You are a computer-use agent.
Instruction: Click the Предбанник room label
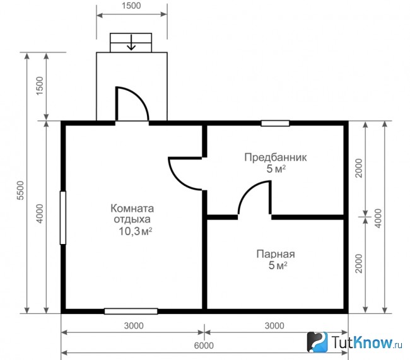pos(276,158)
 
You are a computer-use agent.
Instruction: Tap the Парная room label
pos(276,254)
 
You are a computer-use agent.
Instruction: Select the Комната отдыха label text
pos(132,214)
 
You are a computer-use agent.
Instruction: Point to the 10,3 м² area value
pos(136,231)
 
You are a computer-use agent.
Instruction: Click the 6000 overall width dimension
pos(204,345)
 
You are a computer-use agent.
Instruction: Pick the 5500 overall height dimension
pos(20,190)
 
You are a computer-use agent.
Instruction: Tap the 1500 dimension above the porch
pos(131,6)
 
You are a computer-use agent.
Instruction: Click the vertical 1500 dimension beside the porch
pos(40,86)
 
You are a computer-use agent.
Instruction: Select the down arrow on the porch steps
pos(131,42)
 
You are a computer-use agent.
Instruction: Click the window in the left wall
pos(62,218)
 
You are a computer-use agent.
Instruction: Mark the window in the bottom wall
pos(131,311)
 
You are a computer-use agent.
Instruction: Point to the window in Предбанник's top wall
pos(276,123)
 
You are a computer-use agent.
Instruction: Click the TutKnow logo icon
pos(317,342)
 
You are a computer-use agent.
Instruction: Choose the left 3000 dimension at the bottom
pos(134,326)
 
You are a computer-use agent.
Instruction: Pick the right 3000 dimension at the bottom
pos(274,326)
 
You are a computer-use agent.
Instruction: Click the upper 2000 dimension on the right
pos(359,168)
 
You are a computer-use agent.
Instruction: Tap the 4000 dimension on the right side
pos(378,218)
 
